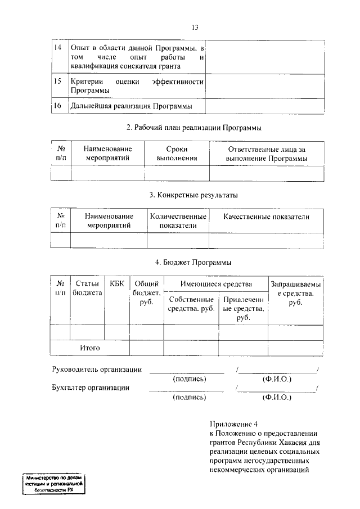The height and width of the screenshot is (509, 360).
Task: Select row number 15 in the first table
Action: (x=57, y=82)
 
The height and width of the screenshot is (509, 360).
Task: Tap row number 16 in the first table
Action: (x=57, y=105)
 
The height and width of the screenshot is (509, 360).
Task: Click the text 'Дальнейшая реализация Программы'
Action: (x=131, y=106)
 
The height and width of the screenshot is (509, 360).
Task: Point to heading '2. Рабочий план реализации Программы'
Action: (x=194, y=128)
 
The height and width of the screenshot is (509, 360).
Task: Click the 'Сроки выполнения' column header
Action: (x=177, y=154)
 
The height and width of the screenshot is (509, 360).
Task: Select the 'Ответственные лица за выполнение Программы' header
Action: (x=267, y=154)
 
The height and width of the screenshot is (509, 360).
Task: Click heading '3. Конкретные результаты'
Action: (x=193, y=195)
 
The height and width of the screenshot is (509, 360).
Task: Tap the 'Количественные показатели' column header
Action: (x=178, y=221)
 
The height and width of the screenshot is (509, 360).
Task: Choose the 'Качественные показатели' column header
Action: (x=266, y=217)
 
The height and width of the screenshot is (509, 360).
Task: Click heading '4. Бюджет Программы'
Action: (x=193, y=263)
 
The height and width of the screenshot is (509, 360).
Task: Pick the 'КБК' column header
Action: (x=117, y=284)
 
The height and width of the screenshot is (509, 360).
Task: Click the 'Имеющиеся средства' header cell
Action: (x=216, y=284)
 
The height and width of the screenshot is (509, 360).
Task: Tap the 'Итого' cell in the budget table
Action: (x=90, y=348)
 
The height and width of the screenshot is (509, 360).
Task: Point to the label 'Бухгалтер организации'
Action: (x=91, y=388)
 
